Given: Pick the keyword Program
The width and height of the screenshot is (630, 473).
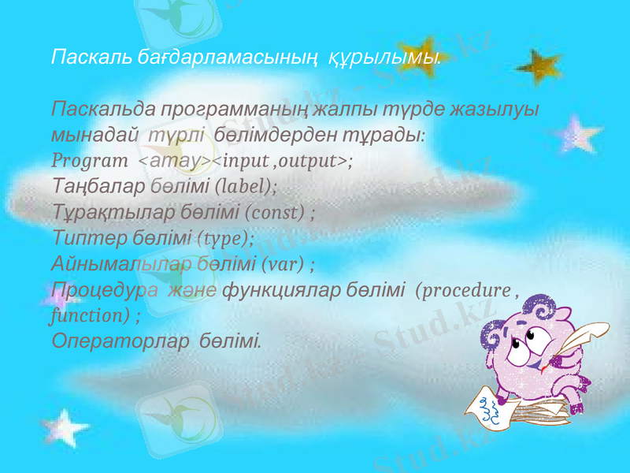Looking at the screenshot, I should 88,161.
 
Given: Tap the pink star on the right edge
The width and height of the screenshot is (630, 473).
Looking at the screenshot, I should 580,132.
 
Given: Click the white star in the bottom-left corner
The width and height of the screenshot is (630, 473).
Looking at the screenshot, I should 65,429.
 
